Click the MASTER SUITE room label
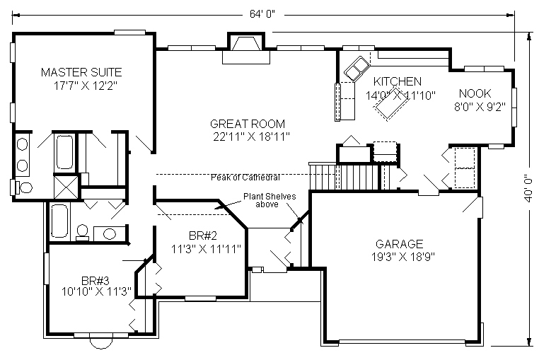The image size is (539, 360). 81,72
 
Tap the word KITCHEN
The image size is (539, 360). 398,81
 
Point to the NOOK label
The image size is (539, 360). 475,93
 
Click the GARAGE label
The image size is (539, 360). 400,243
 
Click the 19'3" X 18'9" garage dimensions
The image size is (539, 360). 400,256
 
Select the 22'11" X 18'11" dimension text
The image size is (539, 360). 250,135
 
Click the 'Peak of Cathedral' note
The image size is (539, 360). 245,177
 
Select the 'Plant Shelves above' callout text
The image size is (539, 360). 271,200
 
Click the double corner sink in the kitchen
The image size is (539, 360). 356,68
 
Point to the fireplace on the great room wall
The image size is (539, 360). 243,50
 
